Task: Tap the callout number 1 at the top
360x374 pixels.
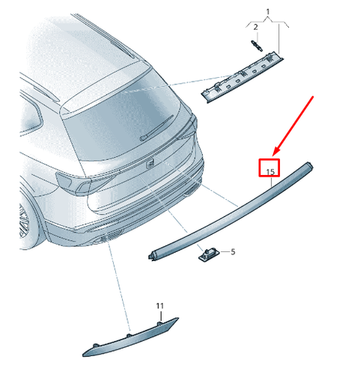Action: [x=269, y=13]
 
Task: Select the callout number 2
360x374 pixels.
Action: [x=254, y=28]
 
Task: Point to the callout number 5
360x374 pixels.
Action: [x=232, y=251]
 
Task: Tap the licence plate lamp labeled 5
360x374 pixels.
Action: [x=207, y=256]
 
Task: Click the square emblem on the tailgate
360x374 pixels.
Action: [x=149, y=164]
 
